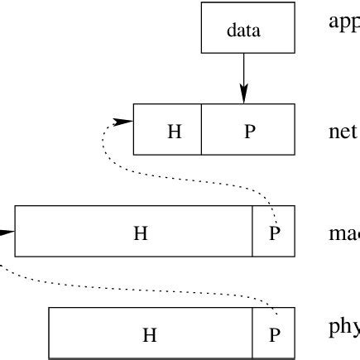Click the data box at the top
(x=247, y=30)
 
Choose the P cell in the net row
(x=248, y=130)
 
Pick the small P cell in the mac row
(x=273, y=232)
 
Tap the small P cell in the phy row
(x=273, y=334)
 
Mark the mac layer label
(x=343, y=233)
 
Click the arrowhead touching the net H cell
(x=123, y=122)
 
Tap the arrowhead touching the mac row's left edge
(x=7, y=232)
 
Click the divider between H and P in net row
(x=201, y=130)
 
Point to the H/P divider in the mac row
(x=252, y=232)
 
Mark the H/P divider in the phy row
(x=252, y=334)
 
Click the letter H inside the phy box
(x=150, y=334)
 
